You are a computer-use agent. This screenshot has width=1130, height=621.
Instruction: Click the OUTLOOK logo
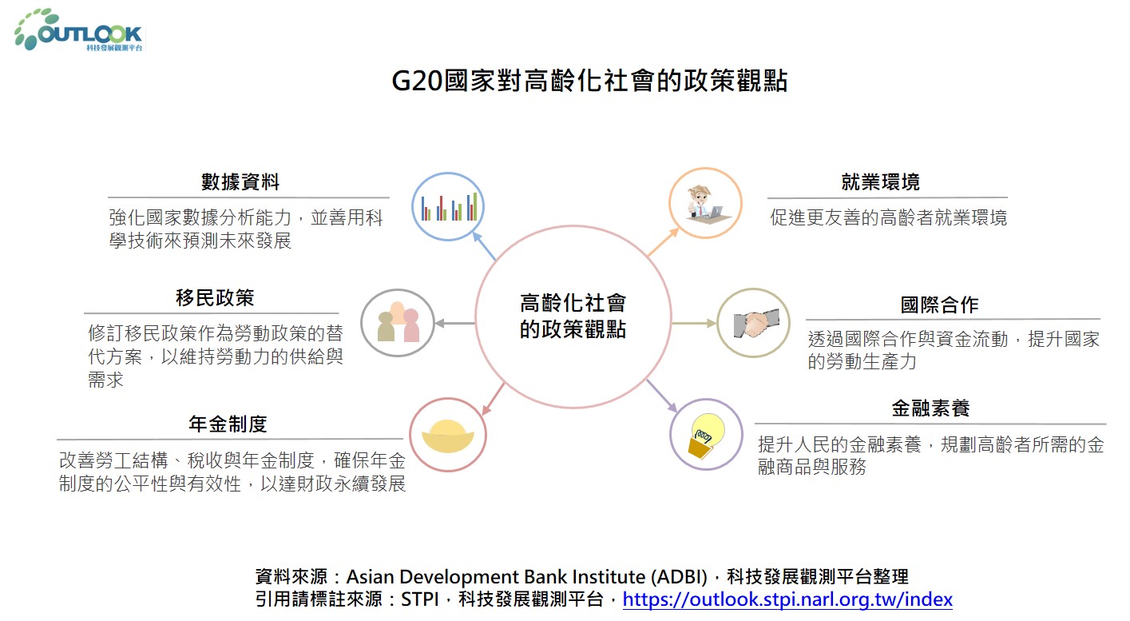79,30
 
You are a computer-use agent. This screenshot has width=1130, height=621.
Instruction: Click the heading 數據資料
240,181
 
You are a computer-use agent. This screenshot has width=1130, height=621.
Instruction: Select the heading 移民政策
215,298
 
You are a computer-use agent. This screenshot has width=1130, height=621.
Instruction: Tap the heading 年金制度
228,424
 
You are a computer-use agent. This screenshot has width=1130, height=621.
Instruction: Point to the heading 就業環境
880,181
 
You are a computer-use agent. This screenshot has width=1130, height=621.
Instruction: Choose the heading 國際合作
939,305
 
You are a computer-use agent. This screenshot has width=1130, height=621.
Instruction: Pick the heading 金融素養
930,408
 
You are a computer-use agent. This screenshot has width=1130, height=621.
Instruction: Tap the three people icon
398,322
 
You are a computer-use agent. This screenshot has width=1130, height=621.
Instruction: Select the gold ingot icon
447,436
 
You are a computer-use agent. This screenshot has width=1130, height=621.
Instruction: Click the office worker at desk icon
705,203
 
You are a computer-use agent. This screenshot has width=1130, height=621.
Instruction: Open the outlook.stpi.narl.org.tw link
787,599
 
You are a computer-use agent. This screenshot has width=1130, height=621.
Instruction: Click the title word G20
417,81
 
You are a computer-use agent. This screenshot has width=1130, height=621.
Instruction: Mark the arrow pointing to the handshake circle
694,323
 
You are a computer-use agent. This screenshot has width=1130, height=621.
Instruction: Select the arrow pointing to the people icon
454,323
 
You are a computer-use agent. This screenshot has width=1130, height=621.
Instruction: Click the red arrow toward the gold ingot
494,399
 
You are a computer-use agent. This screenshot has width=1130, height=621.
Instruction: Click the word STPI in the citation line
420,599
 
